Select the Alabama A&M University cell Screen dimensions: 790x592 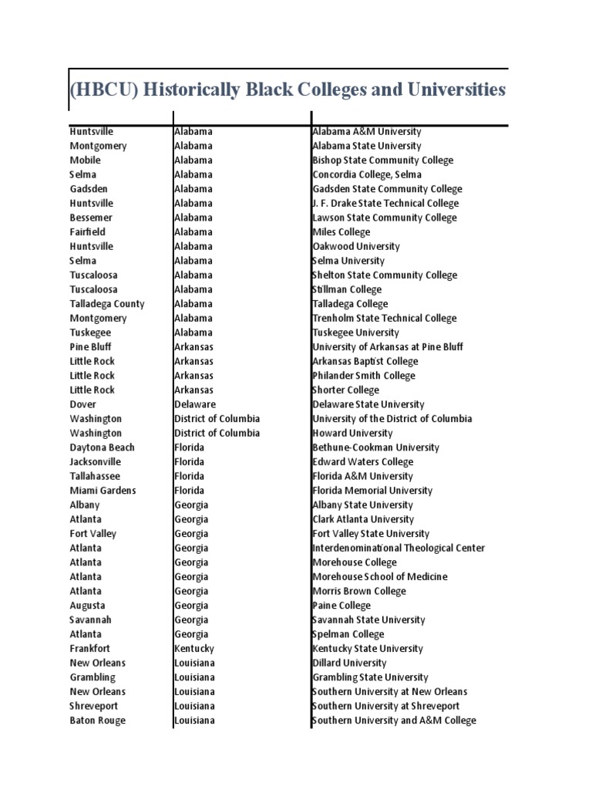point(366,132)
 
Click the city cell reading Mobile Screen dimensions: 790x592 point(86,160)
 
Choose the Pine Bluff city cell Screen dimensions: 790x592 point(91,347)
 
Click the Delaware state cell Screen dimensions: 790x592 point(195,404)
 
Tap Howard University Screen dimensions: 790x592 point(352,433)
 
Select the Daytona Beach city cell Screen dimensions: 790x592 point(102,447)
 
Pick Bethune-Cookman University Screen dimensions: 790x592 point(375,447)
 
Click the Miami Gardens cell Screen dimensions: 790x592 point(103,491)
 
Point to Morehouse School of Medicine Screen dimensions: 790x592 point(379,576)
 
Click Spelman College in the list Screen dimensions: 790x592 point(348,634)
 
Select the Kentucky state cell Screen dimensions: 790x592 point(194,649)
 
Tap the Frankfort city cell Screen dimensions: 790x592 point(90,649)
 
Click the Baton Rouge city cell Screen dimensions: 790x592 point(98,721)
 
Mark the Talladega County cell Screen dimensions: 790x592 point(107,304)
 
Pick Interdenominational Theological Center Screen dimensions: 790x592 point(399,548)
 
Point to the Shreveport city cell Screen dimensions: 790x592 point(95,706)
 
